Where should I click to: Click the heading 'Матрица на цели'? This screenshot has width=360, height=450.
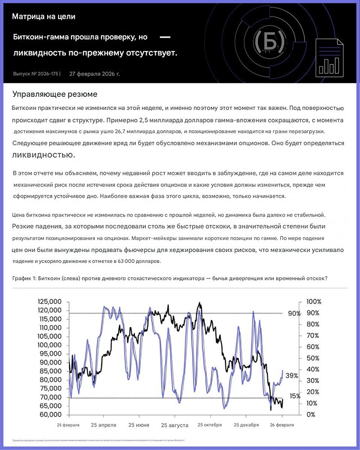[44, 17]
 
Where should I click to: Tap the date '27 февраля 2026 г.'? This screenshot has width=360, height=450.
[94, 73]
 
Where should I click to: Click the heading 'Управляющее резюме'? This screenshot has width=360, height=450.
[54, 94]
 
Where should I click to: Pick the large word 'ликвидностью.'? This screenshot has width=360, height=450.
[44, 155]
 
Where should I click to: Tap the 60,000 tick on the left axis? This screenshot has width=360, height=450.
[50, 414]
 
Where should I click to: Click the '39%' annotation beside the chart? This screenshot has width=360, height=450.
[292, 376]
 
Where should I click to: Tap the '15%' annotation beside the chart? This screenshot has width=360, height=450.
[295, 396]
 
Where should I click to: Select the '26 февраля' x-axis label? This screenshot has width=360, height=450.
[282, 425]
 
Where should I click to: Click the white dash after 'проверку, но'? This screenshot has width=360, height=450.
[165, 36]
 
